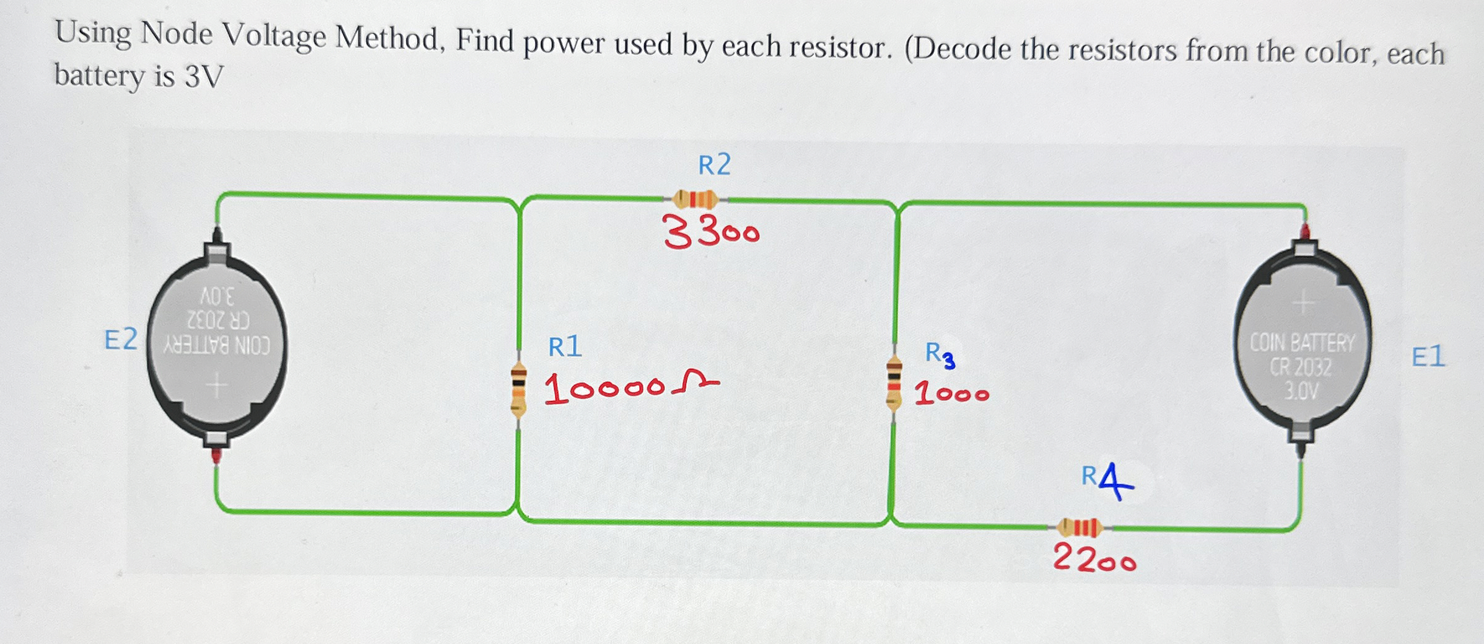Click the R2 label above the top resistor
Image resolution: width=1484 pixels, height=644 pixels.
pyautogui.click(x=714, y=165)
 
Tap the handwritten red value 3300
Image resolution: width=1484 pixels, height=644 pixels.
pyautogui.click(x=711, y=234)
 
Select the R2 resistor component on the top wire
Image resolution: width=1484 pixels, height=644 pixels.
pyautogui.click(x=696, y=200)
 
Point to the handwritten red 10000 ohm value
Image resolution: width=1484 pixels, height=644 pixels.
pyautogui.click(x=631, y=389)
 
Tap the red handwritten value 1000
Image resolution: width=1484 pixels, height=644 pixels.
pyautogui.click(x=952, y=394)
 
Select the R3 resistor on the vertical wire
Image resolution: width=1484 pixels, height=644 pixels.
pyautogui.click(x=893, y=384)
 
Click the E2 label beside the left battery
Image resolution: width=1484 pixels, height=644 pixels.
pyautogui.click(x=121, y=340)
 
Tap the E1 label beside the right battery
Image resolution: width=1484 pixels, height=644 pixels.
pyautogui.click(x=1428, y=358)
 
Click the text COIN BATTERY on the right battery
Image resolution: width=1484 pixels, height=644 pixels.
pyautogui.click(x=1302, y=343)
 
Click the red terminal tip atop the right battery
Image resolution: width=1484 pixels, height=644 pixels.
pyautogui.click(x=1305, y=232)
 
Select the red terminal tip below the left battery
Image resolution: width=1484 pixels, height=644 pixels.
pyautogui.click(x=217, y=457)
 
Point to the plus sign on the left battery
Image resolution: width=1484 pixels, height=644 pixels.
pyautogui.click(x=216, y=387)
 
